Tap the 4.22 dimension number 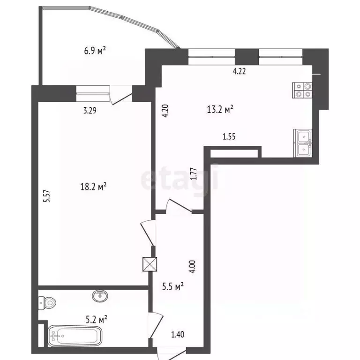[x=240, y=72]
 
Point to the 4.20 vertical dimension [x=165, y=113]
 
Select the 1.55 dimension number [x=229, y=137]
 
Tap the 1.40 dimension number [x=177, y=334]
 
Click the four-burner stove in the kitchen [x=302, y=90]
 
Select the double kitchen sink [x=303, y=142]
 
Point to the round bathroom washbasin [x=99, y=296]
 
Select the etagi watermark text [x=180, y=179]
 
